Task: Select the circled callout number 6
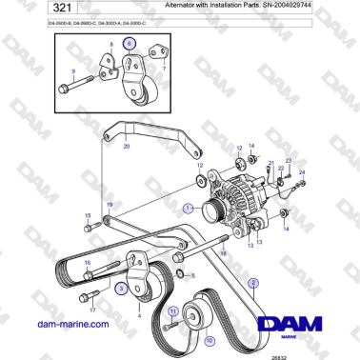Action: click(130, 44)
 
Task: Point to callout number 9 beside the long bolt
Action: click(73, 71)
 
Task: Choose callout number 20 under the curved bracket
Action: click(128, 147)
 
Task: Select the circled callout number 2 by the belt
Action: click(253, 282)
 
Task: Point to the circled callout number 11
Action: click(172, 311)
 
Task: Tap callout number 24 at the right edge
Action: click(302, 172)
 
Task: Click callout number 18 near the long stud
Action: click(223, 254)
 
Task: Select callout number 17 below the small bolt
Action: click(92, 310)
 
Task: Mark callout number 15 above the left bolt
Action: click(88, 216)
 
